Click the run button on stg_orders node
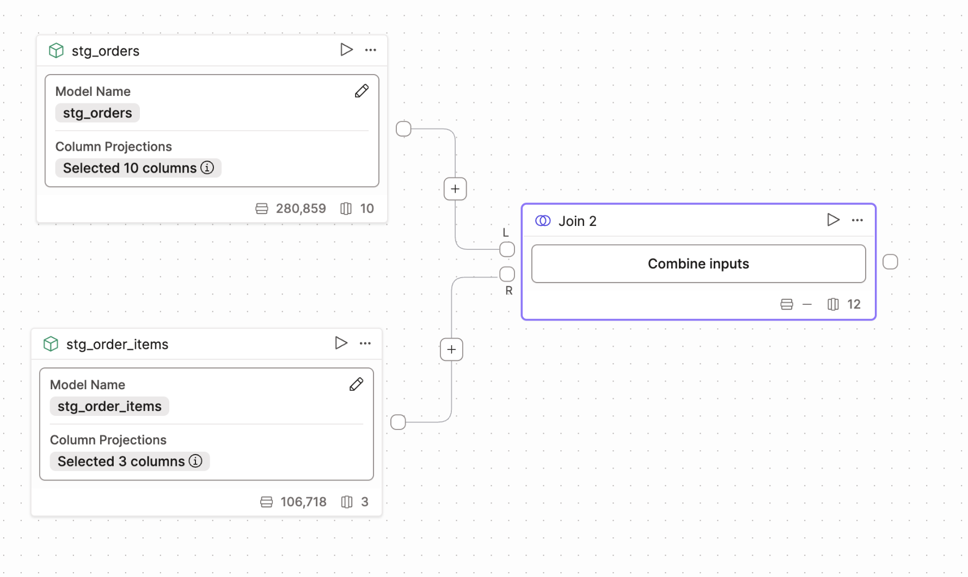346,50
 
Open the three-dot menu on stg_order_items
365,343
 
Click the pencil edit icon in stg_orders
362,91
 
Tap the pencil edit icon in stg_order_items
356,384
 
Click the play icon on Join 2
832,220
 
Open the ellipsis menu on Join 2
857,220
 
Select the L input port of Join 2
507,249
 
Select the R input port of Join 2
507,274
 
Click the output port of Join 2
890,262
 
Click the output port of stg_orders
403,129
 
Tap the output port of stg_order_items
398,422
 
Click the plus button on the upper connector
455,189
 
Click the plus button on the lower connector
451,349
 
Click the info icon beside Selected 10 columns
207,168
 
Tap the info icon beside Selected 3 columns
195,461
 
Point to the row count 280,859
301,208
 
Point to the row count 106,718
303,502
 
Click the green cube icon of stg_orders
56,51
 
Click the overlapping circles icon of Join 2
543,220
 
